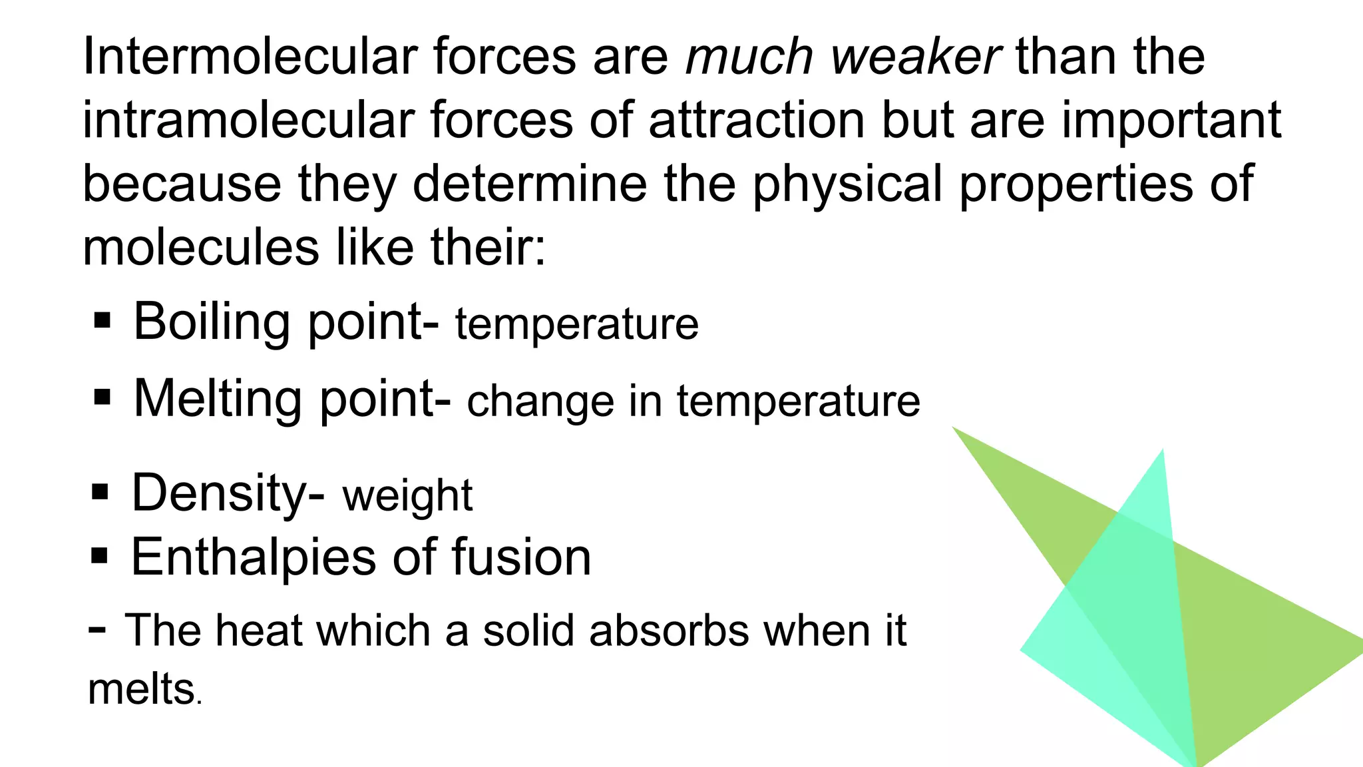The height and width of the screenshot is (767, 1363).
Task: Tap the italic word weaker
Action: [x=915, y=56]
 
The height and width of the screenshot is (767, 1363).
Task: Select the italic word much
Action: [x=749, y=56]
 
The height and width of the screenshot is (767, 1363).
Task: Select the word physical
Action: [x=848, y=186]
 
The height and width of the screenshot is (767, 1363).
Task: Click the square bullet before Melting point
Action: [x=102, y=398]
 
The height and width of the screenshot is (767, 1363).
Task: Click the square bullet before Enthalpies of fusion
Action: [x=99, y=555]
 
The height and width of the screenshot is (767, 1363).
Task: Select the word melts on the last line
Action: [x=140, y=688]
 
